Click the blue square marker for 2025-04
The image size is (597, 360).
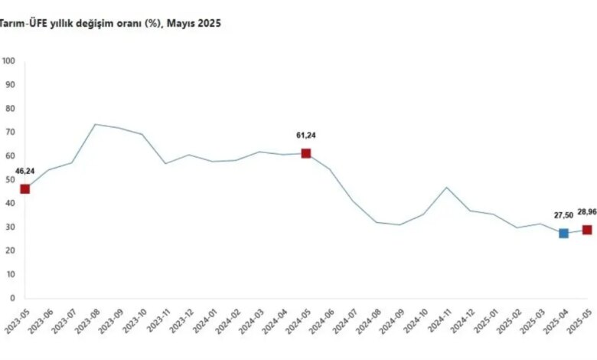563,233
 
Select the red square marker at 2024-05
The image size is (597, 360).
305,153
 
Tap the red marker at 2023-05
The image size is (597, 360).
24,189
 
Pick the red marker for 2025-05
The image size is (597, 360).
587,230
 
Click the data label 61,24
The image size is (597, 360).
306,136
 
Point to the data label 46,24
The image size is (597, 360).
24,171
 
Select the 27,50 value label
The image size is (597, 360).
563,215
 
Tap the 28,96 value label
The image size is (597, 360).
587,212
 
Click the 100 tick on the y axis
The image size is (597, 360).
8,61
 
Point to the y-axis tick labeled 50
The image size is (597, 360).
10,179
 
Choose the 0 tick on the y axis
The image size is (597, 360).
12,298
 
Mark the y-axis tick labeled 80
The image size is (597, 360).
10,109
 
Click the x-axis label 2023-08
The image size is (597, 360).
88,321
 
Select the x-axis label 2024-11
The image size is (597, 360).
439,321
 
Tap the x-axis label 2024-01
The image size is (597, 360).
205,321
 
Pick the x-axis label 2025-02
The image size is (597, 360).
510,321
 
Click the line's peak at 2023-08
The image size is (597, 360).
95,124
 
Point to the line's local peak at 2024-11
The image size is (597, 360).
447,188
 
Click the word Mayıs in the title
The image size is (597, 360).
181,24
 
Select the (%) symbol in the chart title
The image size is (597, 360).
153,24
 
